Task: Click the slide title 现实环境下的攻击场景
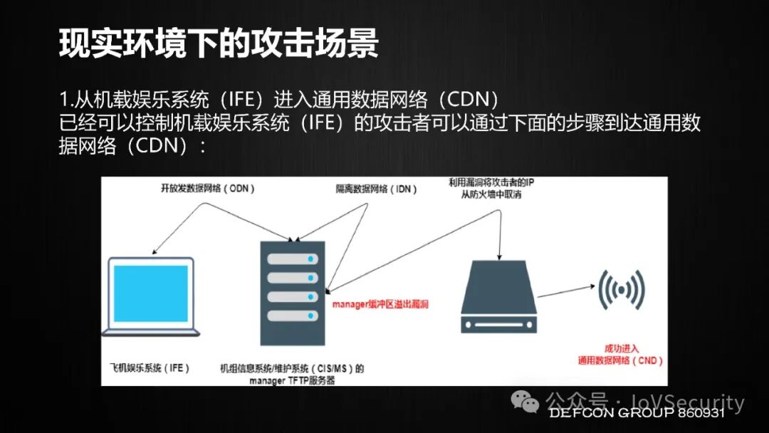218,45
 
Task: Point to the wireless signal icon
622,290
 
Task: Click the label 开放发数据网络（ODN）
206,189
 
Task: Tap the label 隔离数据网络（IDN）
377,189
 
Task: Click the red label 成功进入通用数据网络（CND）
621,355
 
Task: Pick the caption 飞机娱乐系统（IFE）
146,368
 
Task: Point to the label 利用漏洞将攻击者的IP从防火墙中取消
491,189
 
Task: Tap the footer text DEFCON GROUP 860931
636,413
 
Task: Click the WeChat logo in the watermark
528,404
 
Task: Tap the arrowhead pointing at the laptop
155,251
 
